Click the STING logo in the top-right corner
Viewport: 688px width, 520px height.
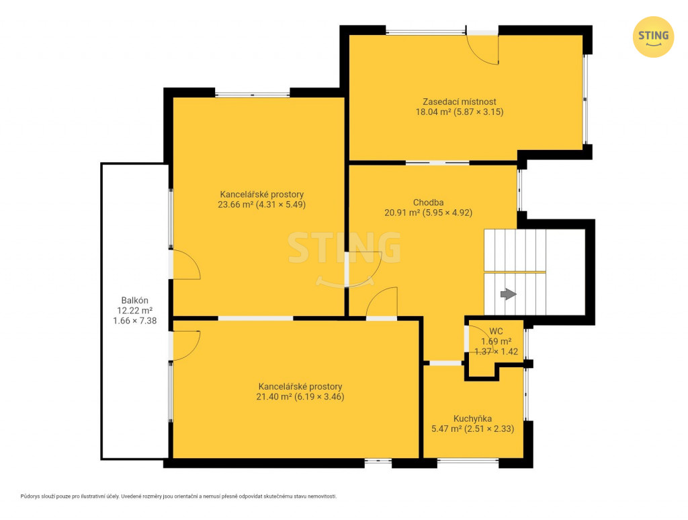pyautogui.click(x=653, y=37)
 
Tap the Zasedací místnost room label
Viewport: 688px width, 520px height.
pyautogui.click(x=460, y=102)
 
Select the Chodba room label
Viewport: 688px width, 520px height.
pyautogui.click(x=428, y=202)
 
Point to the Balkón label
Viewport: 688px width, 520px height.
pyautogui.click(x=134, y=301)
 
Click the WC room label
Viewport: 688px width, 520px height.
pyautogui.click(x=497, y=331)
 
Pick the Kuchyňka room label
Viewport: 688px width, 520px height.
pyautogui.click(x=472, y=418)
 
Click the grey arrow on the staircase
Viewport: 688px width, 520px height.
pyautogui.click(x=509, y=294)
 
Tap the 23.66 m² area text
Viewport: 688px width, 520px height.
pyautogui.click(x=236, y=205)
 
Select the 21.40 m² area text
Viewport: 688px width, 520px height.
pyautogui.click(x=274, y=397)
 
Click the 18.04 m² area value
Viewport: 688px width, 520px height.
pyautogui.click(x=433, y=112)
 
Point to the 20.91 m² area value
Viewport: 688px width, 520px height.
pyautogui.click(x=402, y=213)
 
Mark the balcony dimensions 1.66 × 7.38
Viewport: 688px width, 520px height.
pyautogui.click(x=134, y=321)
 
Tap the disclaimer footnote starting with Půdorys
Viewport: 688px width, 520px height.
pyautogui.click(x=179, y=496)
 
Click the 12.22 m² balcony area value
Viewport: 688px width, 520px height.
pyautogui.click(x=134, y=311)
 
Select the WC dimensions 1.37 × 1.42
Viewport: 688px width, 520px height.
pyautogui.click(x=497, y=351)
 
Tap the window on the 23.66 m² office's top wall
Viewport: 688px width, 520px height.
pyautogui.click(x=253, y=94)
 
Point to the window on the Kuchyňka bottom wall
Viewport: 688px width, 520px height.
pyautogui.click(x=468, y=461)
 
